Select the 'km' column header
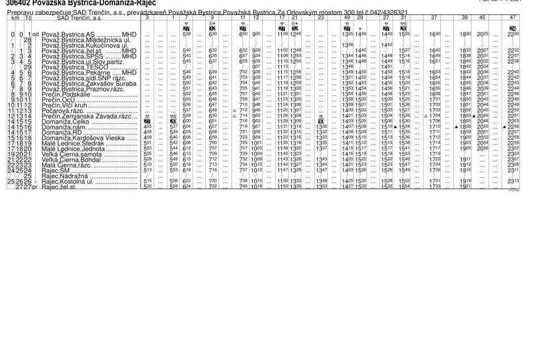tap(15, 18)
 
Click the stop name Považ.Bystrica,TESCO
tap(69, 66)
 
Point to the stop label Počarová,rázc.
tap(62, 110)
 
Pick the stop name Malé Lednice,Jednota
tap(73, 148)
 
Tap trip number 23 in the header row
tap(321, 18)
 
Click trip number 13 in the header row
tap(256, 18)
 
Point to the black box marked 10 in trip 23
tap(321, 121)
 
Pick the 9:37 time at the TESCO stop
tap(256, 66)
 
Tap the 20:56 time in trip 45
tap(482, 148)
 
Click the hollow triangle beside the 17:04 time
tap(426, 115)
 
